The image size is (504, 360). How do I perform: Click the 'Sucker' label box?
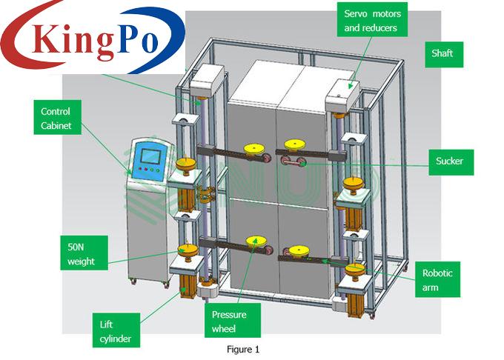451,161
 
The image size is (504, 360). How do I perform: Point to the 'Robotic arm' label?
438,279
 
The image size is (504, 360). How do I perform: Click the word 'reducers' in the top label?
386,28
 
